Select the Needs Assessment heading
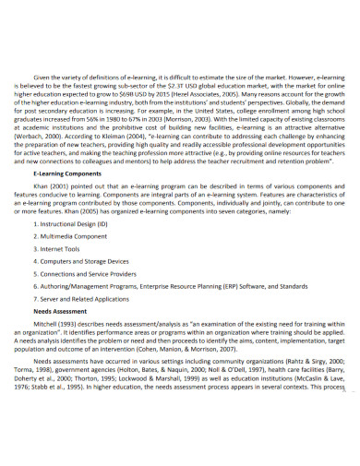pyautogui.click(x=57, y=311)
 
